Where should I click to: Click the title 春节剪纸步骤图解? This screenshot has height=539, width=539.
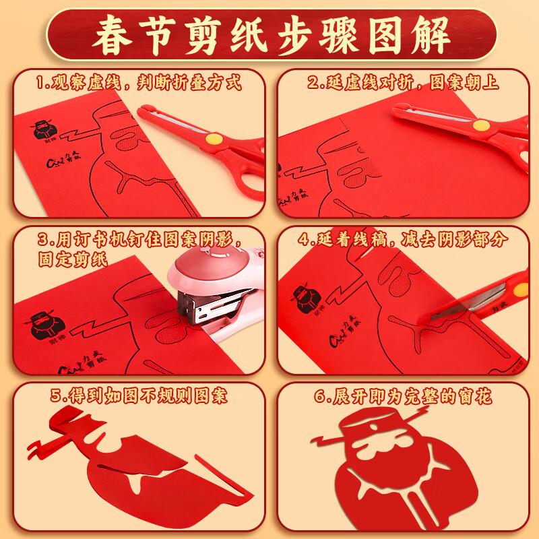[269, 34]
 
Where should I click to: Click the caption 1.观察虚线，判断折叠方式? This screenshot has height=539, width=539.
[138, 84]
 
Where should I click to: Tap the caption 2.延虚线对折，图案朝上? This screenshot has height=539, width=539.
[403, 84]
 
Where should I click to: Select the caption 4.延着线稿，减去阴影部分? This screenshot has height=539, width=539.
[403, 239]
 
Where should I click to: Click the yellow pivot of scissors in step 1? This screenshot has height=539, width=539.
[214, 139]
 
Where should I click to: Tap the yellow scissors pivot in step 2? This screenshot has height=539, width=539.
[480, 125]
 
